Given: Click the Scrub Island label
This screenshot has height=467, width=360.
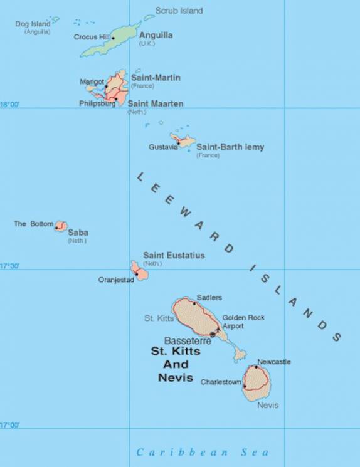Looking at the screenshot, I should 179,11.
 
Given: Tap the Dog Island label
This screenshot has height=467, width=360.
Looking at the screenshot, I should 33,24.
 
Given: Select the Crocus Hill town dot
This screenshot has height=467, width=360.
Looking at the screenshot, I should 113,38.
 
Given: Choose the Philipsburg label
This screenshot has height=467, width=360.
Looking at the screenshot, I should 97,103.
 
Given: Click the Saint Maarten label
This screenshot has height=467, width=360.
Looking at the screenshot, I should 156,103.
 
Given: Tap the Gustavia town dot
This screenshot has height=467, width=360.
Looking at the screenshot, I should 178,144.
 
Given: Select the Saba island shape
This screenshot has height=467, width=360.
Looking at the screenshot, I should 61,225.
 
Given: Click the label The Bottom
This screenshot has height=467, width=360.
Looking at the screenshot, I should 33,224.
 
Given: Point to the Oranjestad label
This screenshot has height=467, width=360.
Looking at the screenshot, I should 116,280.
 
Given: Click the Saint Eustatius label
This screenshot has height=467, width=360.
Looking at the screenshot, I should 174,255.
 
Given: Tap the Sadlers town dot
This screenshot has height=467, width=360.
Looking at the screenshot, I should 194,303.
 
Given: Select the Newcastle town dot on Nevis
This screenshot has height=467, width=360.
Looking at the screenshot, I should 256,367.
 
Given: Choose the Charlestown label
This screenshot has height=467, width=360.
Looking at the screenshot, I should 221,382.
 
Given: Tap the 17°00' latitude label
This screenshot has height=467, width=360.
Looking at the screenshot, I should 10,426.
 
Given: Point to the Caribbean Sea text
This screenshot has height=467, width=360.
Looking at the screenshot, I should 203,452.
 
